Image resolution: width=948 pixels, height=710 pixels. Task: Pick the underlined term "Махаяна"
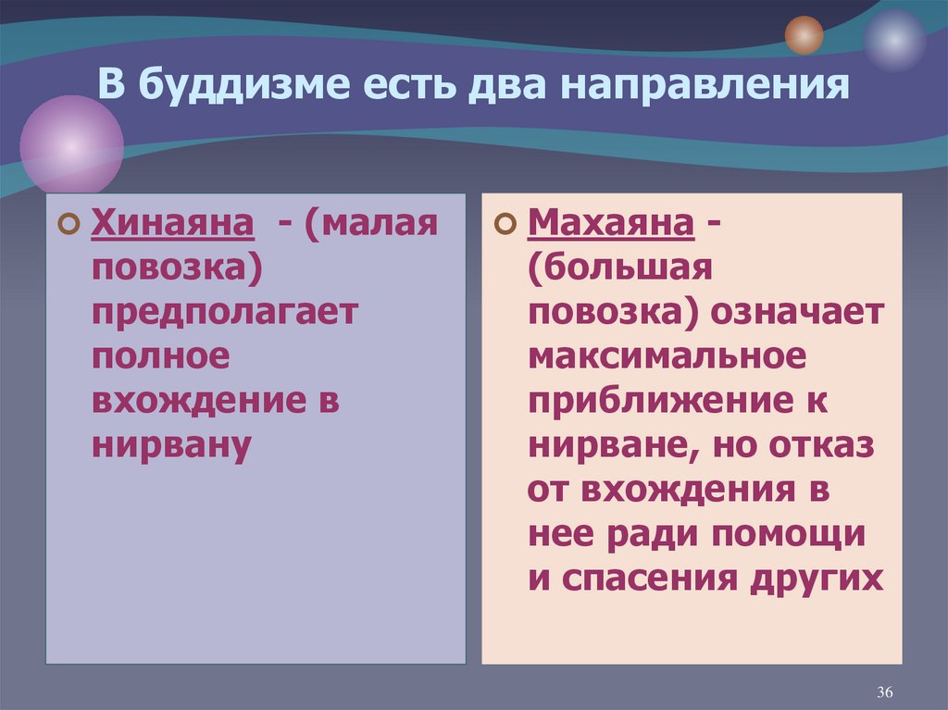[x=612, y=223]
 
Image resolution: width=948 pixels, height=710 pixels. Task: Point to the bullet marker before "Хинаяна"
[x=67, y=225]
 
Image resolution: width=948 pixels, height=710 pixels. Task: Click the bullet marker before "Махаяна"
[x=505, y=225]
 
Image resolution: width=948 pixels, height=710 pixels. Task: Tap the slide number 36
[x=883, y=692]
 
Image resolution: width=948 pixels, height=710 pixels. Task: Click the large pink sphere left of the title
[x=71, y=146]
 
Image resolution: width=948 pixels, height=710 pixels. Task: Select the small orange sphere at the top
[x=804, y=35]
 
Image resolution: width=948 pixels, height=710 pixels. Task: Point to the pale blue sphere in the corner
[x=894, y=40]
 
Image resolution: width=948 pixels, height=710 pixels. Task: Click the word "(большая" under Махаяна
[x=619, y=268]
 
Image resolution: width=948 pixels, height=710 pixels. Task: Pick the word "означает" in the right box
[x=798, y=312]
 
